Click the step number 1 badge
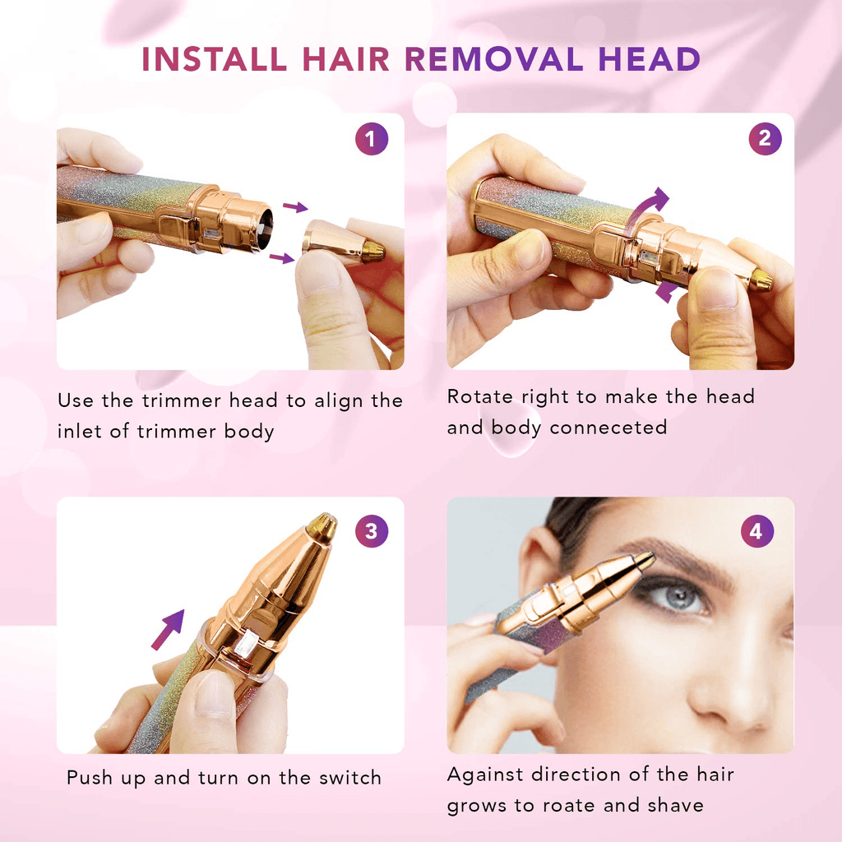(x=372, y=139)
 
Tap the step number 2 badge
(x=765, y=139)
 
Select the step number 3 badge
(x=372, y=531)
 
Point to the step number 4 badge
(x=756, y=531)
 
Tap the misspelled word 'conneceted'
(x=608, y=428)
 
